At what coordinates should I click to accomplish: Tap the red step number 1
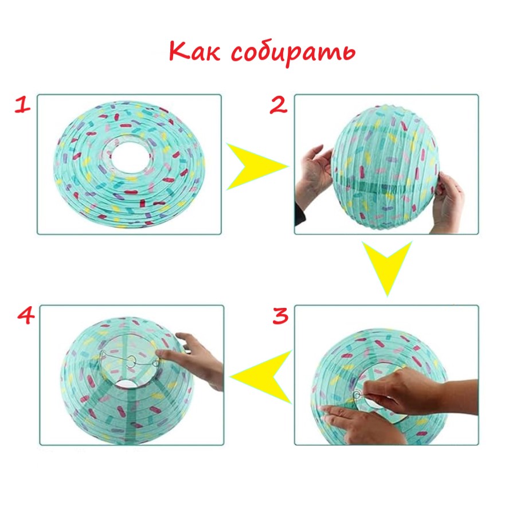pyautogui.click(x=22, y=105)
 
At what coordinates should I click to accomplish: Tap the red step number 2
pyautogui.click(x=279, y=105)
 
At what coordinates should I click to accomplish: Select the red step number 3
pyautogui.click(x=280, y=315)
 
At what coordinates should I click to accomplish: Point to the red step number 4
pyautogui.click(x=26, y=315)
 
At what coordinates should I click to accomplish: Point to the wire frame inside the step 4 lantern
pyautogui.click(x=130, y=359)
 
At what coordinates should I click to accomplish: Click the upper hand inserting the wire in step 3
pyautogui.click(x=418, y=390)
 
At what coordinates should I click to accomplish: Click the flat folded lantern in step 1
pyautogui.click(x=129, y=165)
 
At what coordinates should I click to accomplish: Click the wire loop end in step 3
pyautogui.click(x=357, y=394)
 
